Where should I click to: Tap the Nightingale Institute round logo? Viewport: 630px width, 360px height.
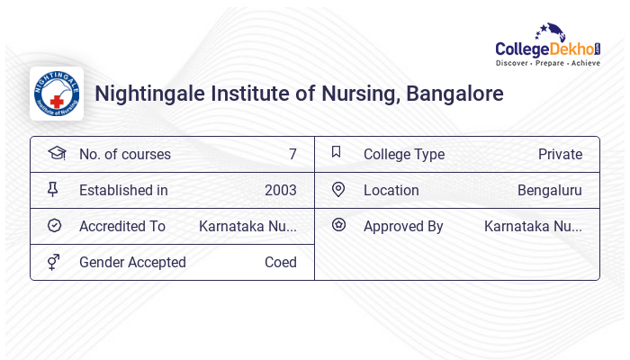(57, 94)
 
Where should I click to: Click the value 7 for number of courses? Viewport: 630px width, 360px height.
(292, 155)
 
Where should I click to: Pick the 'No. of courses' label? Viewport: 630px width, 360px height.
(124, 155)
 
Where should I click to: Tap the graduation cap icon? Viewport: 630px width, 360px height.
(56, 154)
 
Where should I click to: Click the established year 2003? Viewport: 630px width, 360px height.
(280, 191)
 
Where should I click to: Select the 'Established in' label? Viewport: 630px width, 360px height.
(123, 191)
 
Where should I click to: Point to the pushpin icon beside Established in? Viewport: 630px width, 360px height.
(53, 190)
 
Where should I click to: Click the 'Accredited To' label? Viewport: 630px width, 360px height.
(122, 227)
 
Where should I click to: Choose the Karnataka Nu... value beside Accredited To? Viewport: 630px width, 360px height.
(247, 227)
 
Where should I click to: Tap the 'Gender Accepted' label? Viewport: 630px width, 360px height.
(132, 263)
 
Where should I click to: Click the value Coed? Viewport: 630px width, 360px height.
(280, 263)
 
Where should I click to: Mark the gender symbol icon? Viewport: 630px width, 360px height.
(54, 262)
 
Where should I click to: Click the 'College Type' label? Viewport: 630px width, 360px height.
(404, 155)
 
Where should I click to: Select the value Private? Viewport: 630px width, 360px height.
(560, 155)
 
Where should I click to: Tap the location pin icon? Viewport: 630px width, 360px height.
(338, 190)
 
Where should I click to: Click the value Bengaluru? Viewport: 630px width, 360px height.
(549, 191)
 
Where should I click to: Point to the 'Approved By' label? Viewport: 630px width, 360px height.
(403, 227)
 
